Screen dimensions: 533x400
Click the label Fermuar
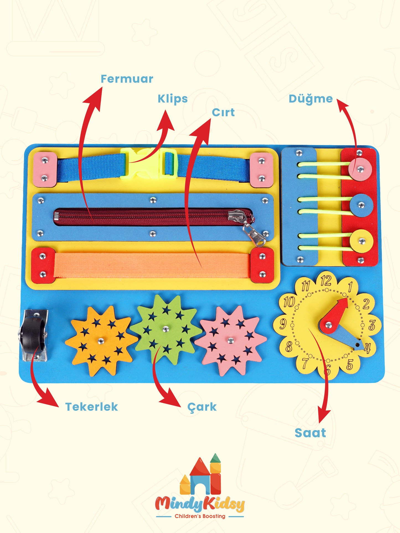pyautogui.click(x=127, y=79)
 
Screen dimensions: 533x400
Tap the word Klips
pyautogui.click(x=172, y=99)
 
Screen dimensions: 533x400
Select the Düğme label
pyautogui.click(x=311, y=99)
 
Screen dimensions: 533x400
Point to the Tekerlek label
pyautogui.click(x=92, y=407)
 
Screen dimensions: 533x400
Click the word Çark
pyautogui.click(x=202, y=407)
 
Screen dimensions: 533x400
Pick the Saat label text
pyautogui.click(x=310, y=433)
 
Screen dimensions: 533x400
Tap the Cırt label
pyautogui.click(x=223, y=112)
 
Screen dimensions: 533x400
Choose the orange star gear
pyautogui.click(x=101, y=340)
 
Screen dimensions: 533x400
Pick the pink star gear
pyautogui.click(x=230, y=340)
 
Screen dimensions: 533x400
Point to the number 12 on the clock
pyautogui.click(x=326, y=281)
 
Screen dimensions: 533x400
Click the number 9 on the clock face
pyautogui.click(x=283, y=324)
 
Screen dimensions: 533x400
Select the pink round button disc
pyautogui.click(x=360, y=169)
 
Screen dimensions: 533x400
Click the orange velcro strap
pyautogui.click(x=152, y=265)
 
